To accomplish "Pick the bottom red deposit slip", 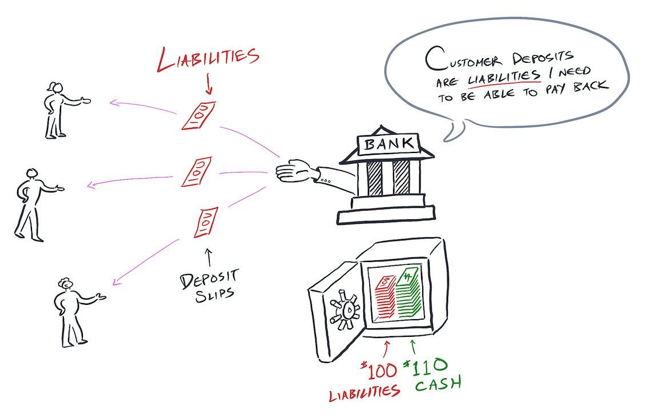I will pyautogui.click(x=204, y=222).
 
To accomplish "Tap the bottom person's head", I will pyautogui.click(x=65, y=283).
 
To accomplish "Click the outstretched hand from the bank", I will pyautogui.click(x=295, y=171).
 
